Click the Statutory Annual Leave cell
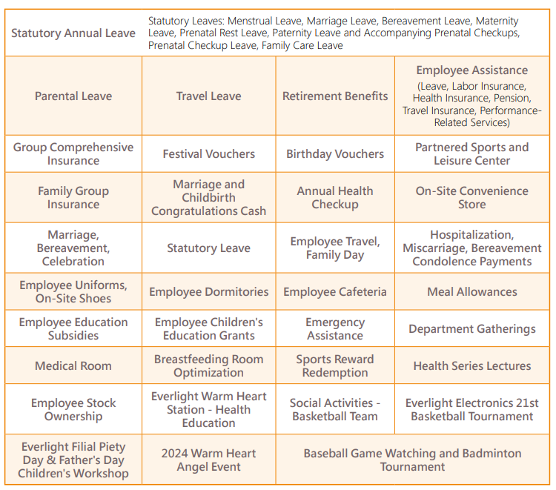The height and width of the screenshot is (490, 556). coord(73,33)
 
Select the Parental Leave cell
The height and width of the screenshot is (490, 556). coord(73,96)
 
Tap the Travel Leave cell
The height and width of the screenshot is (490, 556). coord(208,96)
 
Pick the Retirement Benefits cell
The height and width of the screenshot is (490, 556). coord(335,96)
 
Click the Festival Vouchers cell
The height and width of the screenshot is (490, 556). coord(208,154)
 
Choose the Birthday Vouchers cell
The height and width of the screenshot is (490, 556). coord(335,154)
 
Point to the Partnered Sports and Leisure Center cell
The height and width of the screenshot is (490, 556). coord(471,153)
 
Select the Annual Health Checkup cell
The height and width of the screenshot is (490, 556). coord(335,197)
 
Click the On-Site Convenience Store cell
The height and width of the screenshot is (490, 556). coord(471,197)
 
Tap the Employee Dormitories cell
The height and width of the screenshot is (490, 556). coord(208,292)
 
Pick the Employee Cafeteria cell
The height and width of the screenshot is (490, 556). coord(335,292)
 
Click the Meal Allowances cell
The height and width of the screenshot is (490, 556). coord(471,292)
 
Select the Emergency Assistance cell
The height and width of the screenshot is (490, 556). coord(335,329)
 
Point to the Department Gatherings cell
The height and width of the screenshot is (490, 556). coord(471,329)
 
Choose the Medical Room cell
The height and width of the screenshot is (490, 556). coord(73,366)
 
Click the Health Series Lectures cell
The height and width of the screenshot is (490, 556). coord(471,366)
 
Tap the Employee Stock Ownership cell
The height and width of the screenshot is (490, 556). coord(73,410)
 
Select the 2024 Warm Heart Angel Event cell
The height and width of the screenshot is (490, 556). coord(208,460)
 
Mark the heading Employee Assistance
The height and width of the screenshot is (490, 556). coord(471,70)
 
